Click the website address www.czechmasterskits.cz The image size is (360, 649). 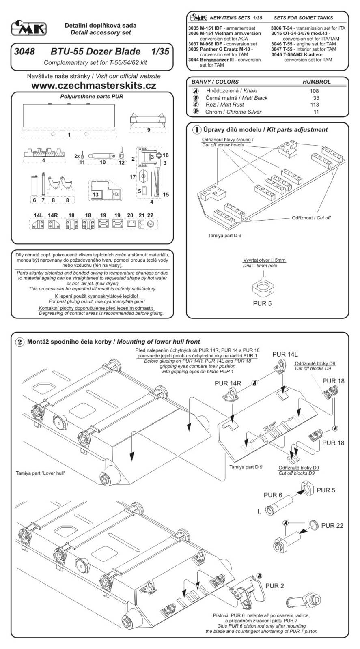[93, 86]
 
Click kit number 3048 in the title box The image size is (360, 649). [24, 52]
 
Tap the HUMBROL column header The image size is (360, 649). [317, 82]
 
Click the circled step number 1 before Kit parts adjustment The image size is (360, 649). [196, 130]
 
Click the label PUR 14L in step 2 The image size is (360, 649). [285, 354]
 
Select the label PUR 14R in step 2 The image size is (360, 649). [228, 383]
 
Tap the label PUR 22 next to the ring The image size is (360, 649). [332, 525]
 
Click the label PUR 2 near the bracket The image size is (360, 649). [274, 586]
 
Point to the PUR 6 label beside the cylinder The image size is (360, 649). [273, 495]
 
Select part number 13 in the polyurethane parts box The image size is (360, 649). [95, 195]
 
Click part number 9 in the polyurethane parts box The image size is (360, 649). [149, 130]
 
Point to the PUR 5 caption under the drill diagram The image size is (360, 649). [262, 303]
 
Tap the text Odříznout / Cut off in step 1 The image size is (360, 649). [311, 218]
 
